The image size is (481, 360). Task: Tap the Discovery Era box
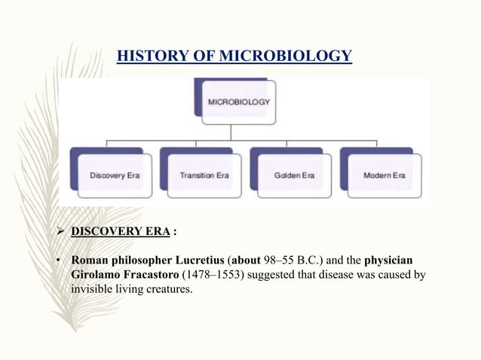(121, 175)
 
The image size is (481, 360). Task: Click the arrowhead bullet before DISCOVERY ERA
(63, 231)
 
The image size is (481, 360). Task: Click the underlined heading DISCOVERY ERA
(120, 231)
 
